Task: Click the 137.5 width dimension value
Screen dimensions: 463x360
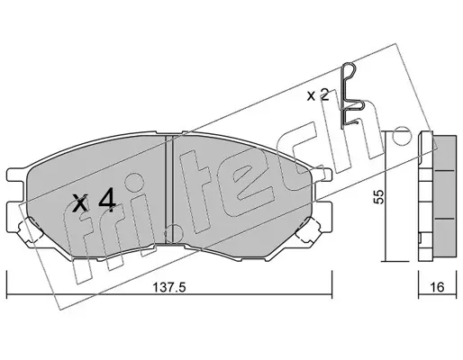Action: [169, 287]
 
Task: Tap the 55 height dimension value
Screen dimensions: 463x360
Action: [379, 197]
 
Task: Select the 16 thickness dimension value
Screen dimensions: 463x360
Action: [438, 287]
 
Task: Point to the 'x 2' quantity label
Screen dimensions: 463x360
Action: [318, 95]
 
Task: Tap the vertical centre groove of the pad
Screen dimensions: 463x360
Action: [169, 189]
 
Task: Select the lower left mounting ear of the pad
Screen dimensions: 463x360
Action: [16, 217]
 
